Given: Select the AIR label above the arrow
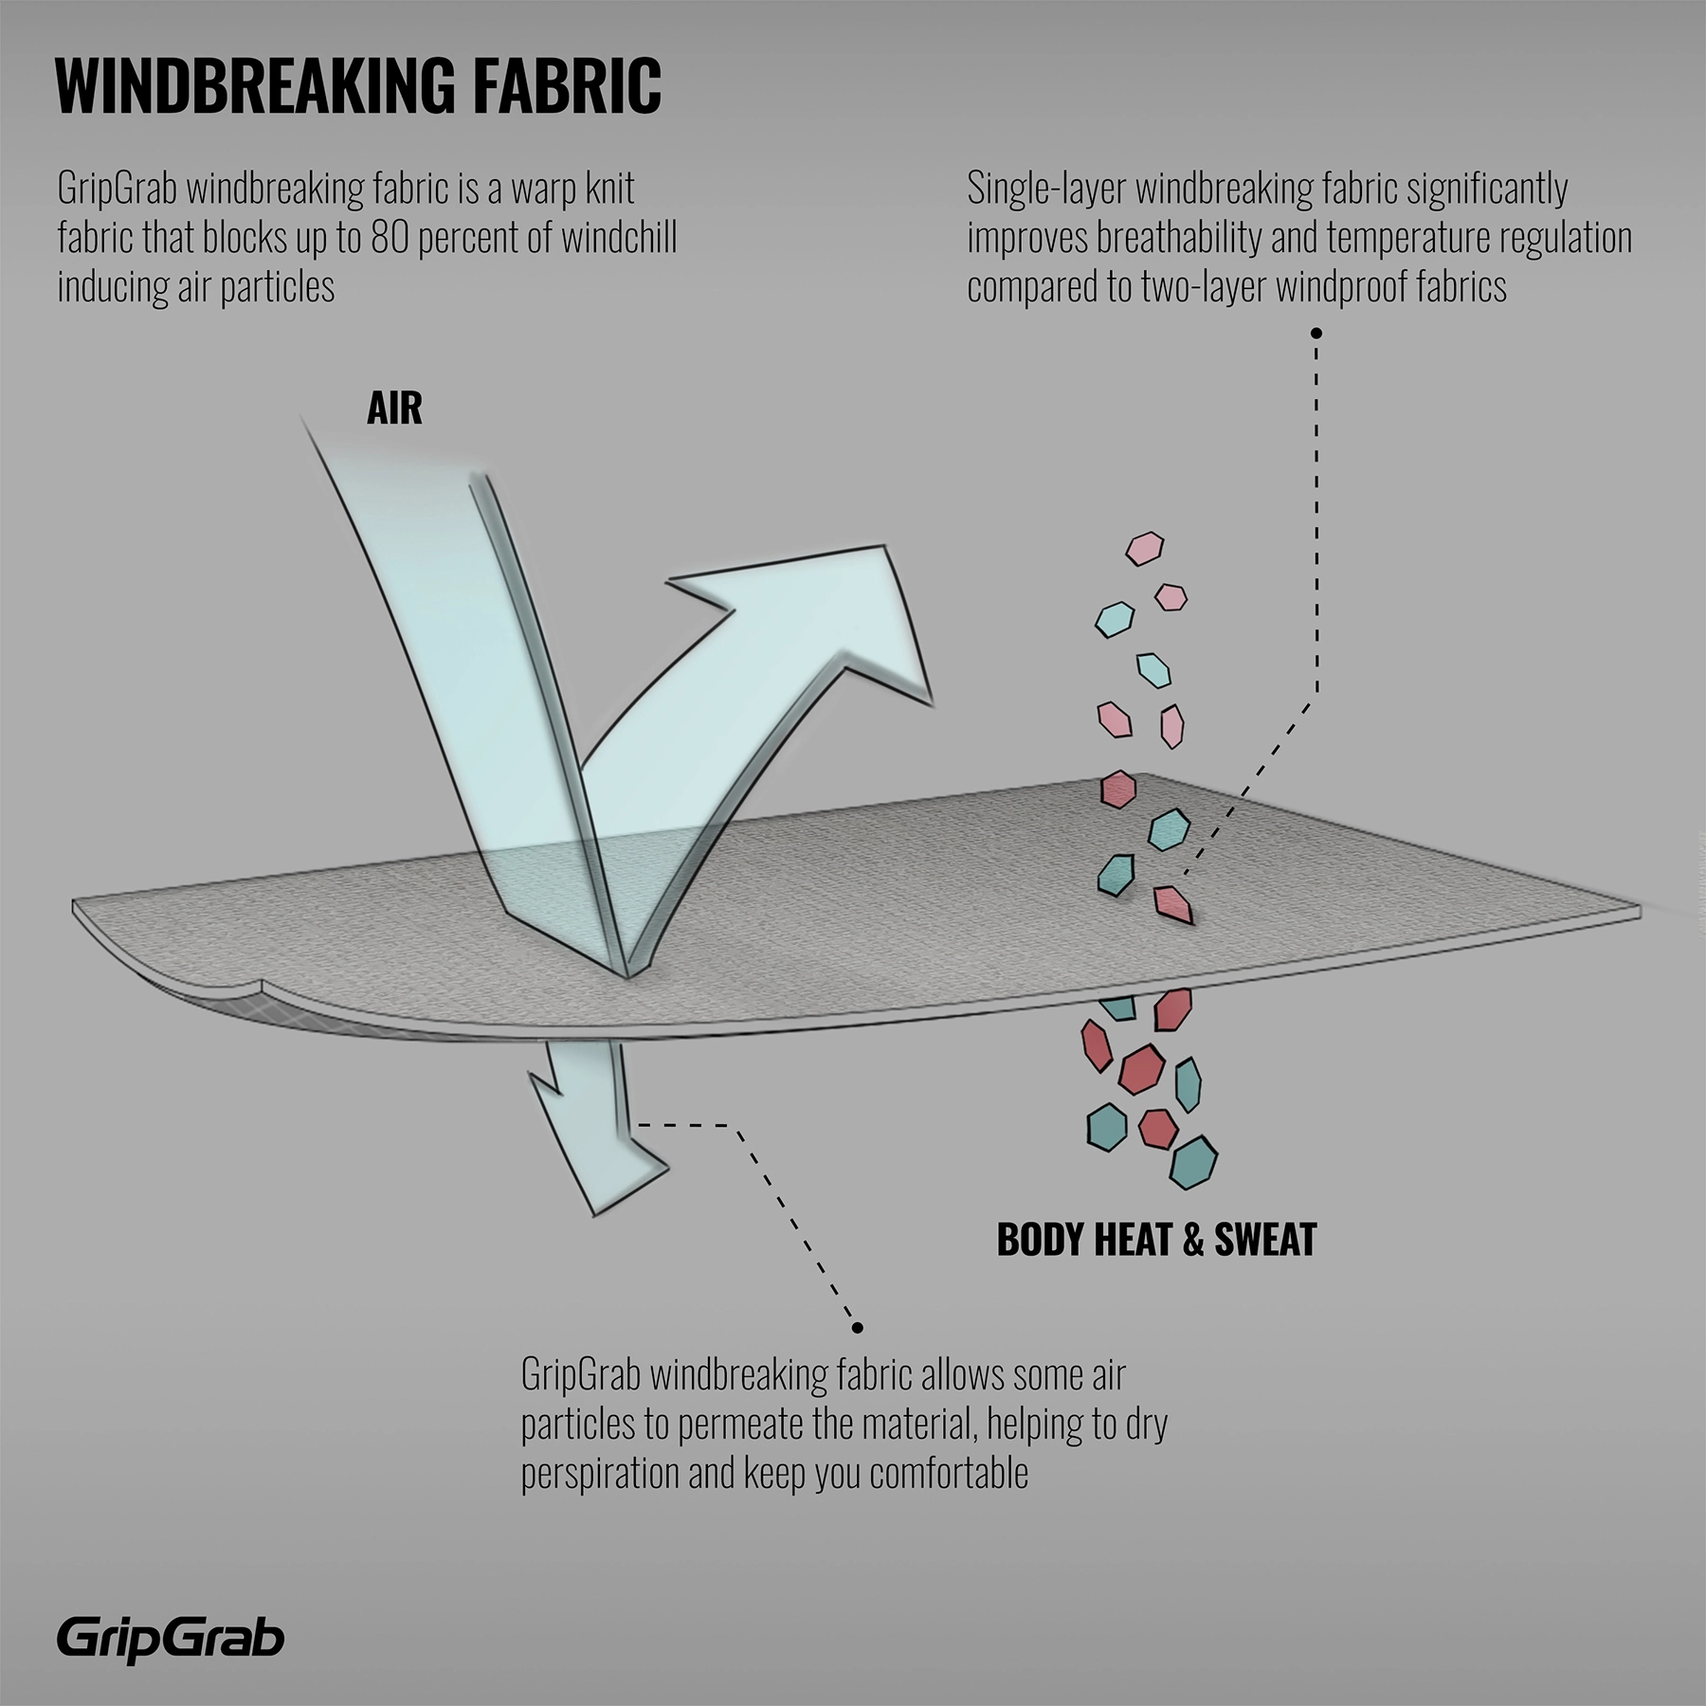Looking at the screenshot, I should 394,408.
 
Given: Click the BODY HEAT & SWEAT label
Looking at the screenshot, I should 1156,1239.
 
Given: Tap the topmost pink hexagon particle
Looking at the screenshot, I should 1144,548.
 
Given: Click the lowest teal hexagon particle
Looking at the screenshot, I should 1192,1162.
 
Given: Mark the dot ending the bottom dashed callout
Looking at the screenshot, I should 857,1327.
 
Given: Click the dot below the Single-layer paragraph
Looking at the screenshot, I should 1316,333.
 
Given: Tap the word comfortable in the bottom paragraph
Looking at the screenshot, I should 948,1474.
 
